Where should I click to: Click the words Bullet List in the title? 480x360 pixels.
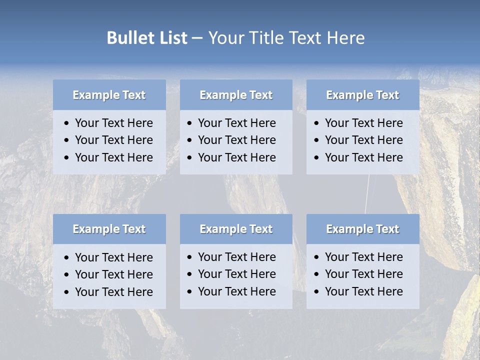click(x=147, y=38)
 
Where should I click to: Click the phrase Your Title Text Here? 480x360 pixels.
click(x=286, y=38)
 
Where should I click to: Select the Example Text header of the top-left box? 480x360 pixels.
click(x=109, y=95)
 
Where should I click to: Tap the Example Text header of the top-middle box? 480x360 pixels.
click(x=236, y=95)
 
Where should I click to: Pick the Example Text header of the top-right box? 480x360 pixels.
click(x=362, y=95)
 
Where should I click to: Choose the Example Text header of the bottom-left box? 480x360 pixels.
click(x=109, y=229)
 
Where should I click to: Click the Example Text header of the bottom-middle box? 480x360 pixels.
click(x=236, y=229)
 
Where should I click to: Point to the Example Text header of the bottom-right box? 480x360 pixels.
click(x=362, y=229)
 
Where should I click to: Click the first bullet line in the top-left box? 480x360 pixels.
click(x=113, y=123)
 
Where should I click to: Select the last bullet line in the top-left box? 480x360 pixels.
click(x=113, y=157)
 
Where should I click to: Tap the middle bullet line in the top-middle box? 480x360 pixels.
click(x=236, y=140)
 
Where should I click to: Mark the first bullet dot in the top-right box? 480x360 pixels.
click(x=317, y=123)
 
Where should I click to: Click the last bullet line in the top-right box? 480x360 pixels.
click(x=363, y=157)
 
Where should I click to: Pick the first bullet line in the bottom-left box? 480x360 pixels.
click(x=113, y=257)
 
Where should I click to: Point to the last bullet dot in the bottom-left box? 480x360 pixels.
click(x=67, y=292)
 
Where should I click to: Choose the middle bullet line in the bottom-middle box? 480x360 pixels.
click(x=236, y=274)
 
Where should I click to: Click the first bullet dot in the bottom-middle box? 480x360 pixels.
click(x=190, y=257)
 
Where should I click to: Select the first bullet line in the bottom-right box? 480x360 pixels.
click(x=363, y=257)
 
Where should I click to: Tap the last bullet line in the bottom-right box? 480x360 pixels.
click(x=363, y=291)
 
